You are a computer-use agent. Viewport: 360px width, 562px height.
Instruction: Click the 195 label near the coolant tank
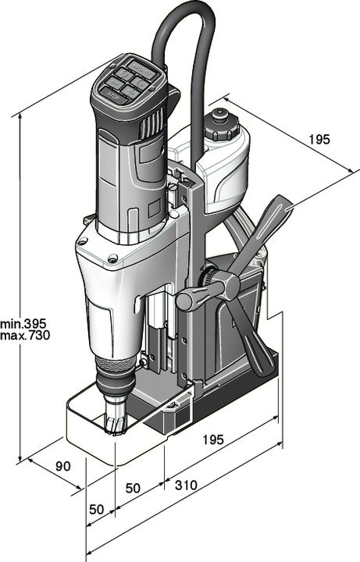coord(319,140)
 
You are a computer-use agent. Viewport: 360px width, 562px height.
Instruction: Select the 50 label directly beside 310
coord(133,488)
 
